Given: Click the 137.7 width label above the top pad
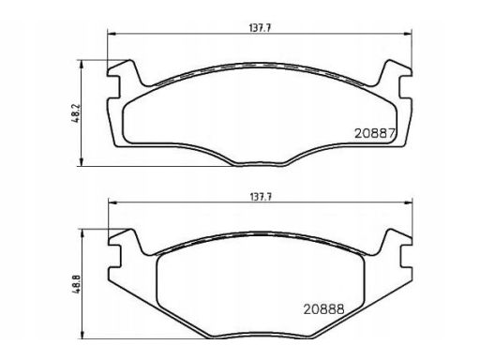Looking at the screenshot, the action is coord(260,28).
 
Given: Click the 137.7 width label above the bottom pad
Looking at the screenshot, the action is coord(261,197).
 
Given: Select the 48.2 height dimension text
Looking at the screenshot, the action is coord(77,113).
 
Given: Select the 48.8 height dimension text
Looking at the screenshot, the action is coord(77,284).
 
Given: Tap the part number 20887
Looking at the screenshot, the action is coord(375,134).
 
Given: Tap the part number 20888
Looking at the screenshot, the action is coord(324,309).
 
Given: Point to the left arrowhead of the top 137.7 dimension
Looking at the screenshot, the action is coord(112,34).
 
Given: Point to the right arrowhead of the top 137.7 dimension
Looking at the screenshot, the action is coord(408,34).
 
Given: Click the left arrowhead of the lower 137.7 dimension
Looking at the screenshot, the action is coord(112,202).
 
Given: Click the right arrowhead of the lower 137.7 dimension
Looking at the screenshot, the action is coord(409,202).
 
